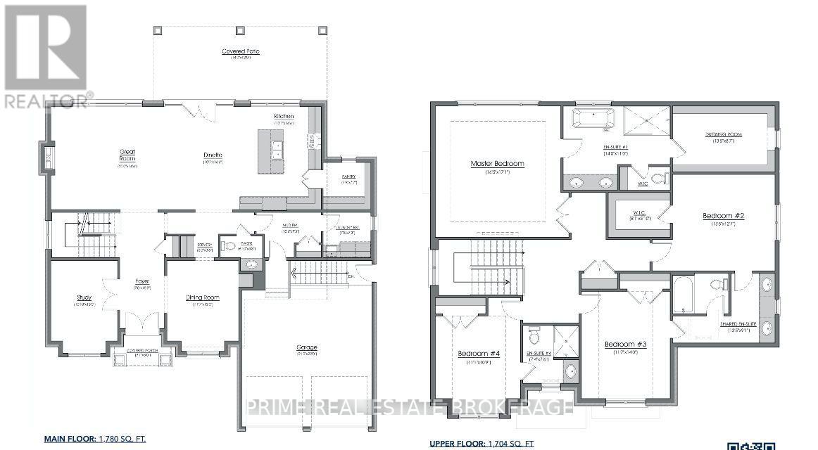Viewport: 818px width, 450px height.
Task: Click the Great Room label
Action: (x=127, y=155)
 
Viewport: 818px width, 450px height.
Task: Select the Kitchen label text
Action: (x=284, y=116)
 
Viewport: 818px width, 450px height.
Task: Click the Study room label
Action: (x=84, y=297)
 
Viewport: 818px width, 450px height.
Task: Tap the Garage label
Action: (x=307, y=347)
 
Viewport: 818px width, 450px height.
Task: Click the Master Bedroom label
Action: (x=498, y=164)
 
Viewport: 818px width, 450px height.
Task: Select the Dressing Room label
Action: (x=724, y=134)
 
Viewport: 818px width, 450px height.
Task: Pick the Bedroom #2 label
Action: (x=724, y=216)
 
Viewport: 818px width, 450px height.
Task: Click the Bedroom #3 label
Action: (x=625, y=344)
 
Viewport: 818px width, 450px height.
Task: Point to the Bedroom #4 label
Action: (x=479, y=353)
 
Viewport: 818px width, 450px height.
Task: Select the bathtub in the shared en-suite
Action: (x=684, y=296)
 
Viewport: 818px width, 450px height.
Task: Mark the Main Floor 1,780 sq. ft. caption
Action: (x=95, y=439)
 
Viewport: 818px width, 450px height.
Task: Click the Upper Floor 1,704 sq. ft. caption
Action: (x=482, y=444)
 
